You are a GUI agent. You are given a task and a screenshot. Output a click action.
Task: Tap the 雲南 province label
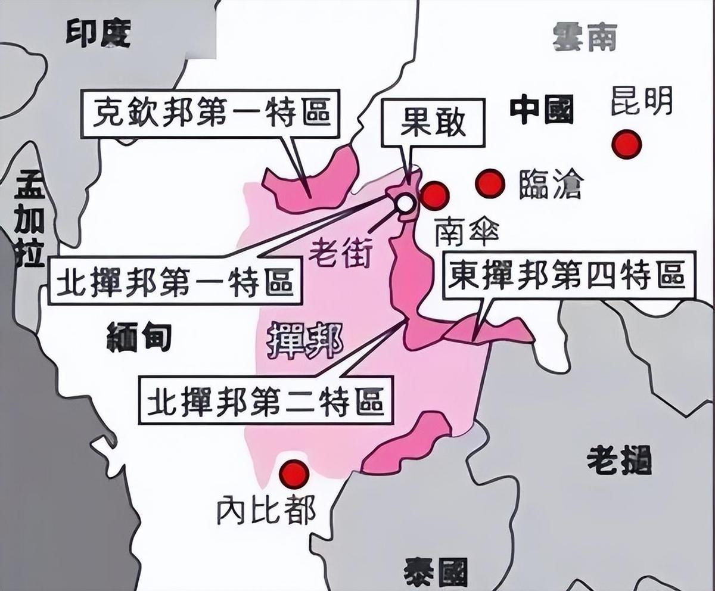click(x=585, y=37)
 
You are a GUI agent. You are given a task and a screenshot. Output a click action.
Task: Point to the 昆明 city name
click(x=642, y=101)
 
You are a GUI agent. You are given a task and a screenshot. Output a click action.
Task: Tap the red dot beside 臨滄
click(x=490, y=183)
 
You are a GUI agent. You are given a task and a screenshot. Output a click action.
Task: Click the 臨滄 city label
click(x=549, y=183)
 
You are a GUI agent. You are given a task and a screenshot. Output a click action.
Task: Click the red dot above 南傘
click(x=434, y=195)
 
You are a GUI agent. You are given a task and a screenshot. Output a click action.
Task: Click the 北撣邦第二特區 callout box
click(x=266, y=400)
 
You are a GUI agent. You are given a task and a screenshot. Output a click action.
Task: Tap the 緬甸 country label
click(x=139, y=338)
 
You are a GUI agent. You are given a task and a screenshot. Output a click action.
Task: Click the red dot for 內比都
click(x=294, y=474)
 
